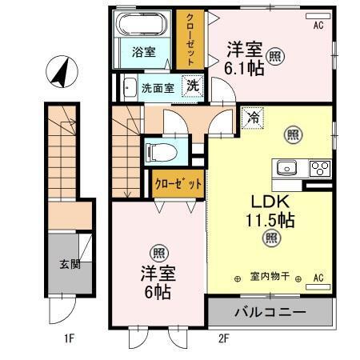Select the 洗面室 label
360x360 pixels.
coord(158,88)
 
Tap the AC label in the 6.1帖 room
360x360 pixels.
coord(318,26)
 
